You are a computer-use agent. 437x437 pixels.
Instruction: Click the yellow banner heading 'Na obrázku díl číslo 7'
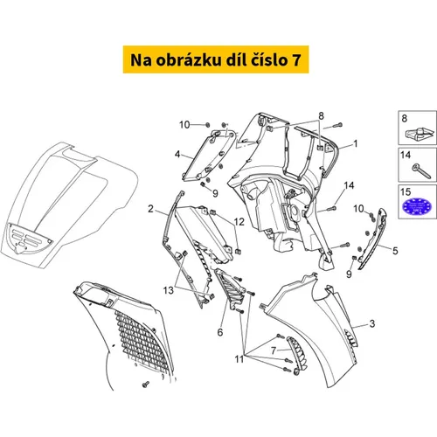point(216,59)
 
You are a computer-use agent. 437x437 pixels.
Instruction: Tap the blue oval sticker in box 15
point(417,206)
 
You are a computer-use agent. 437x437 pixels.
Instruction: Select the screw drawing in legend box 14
point(421,170)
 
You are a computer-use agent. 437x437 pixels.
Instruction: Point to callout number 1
point(355,143)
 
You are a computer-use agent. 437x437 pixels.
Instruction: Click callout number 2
point(150,209)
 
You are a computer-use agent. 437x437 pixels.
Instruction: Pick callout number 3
point(372,323)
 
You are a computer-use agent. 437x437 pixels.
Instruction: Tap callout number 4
point(177,154)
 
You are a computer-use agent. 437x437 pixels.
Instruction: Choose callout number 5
point(395,251)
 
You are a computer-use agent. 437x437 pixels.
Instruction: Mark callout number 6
point(220,332)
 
